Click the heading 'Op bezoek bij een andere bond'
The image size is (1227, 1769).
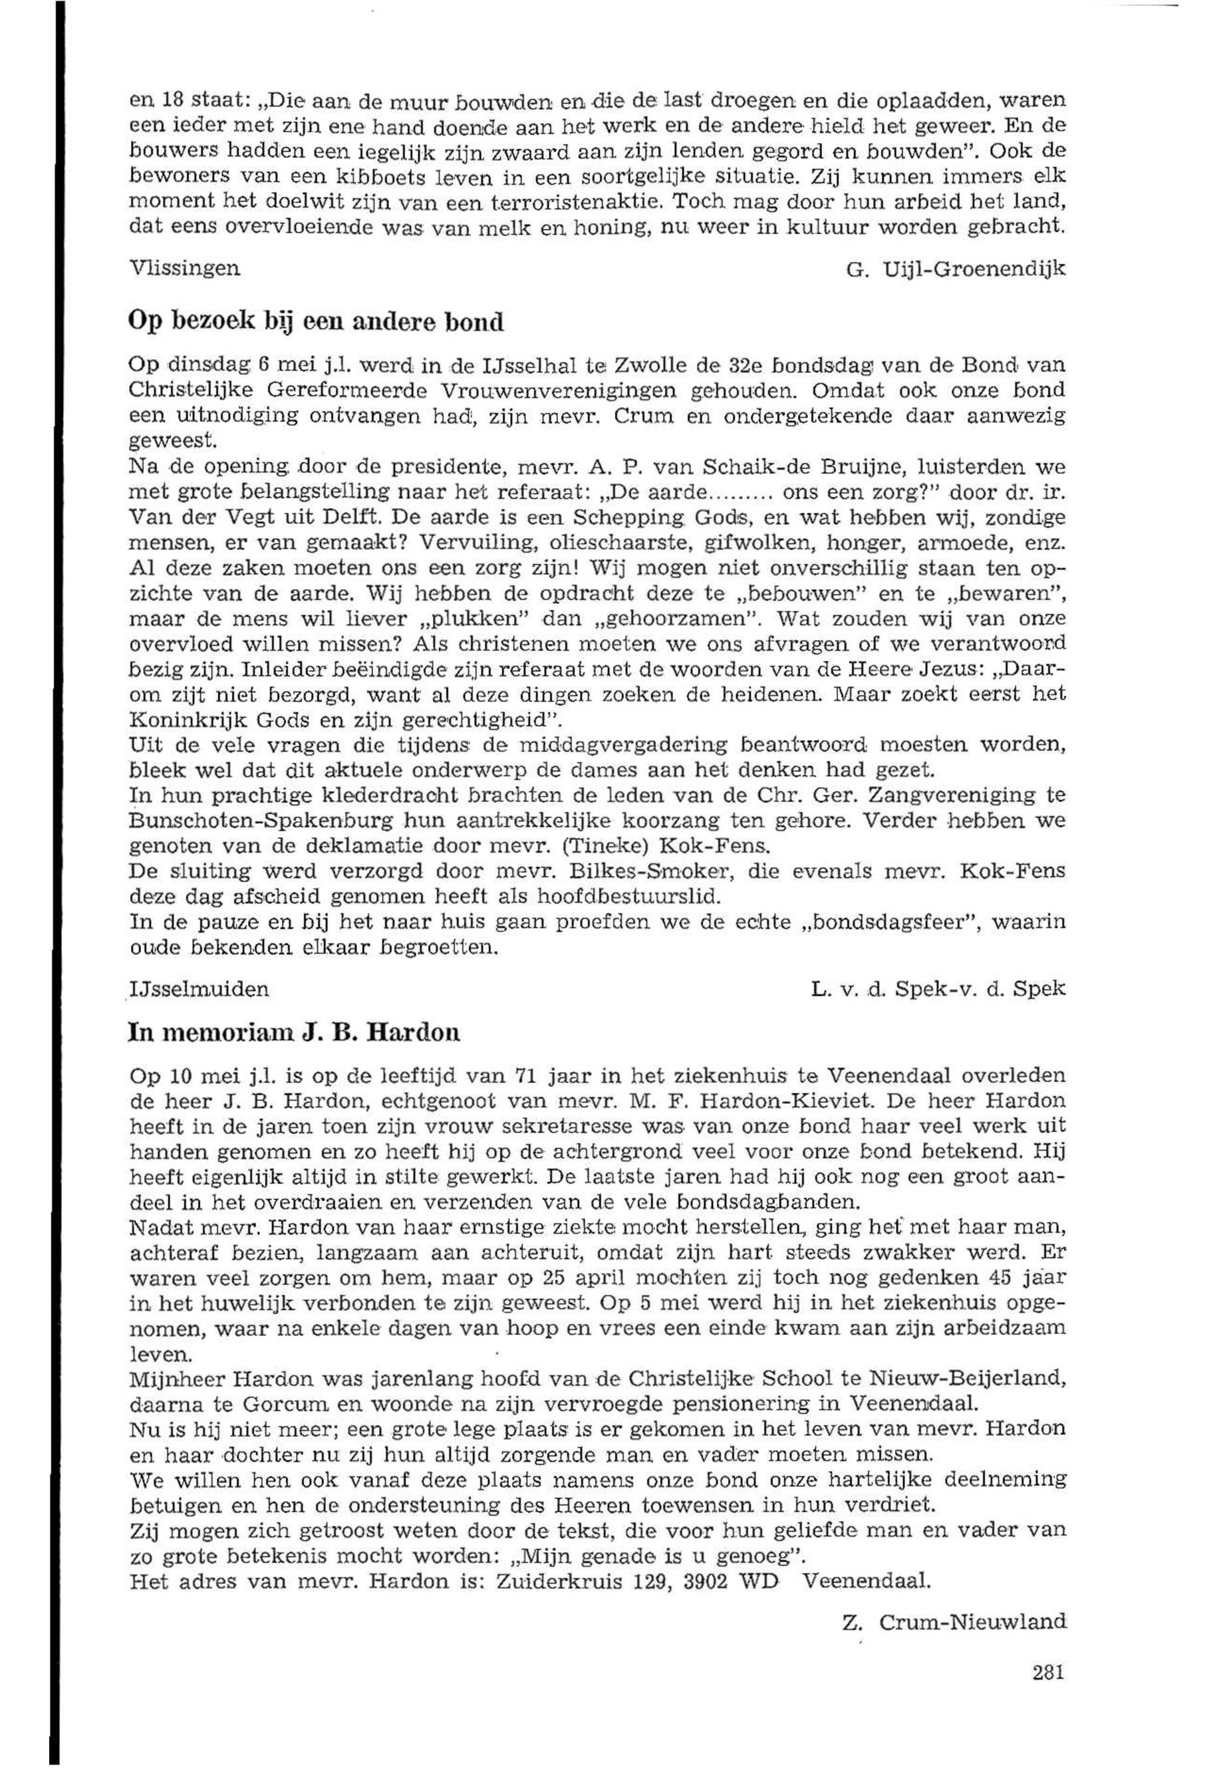click(x=315, y=321)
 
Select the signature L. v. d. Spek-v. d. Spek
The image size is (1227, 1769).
click(x=938, y=989)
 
